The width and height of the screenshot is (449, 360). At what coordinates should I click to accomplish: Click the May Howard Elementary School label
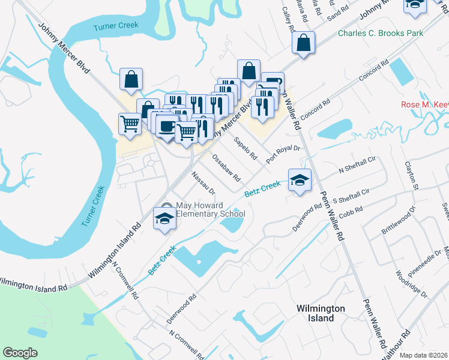pos(210,210)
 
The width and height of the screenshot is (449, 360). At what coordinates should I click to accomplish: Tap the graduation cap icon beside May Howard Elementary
pos(164,218)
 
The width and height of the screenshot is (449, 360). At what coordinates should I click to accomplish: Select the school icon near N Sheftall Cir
pos(300,180)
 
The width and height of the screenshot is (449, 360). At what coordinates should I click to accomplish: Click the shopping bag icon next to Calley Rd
pos(303,43)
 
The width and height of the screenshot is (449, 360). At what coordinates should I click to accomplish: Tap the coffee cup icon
pos(167,125)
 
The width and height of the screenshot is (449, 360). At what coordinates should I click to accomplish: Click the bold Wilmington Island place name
pos(321,313)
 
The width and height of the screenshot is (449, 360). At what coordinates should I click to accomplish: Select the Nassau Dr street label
pos(203,183)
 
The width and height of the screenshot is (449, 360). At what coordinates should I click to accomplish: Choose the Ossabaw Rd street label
pos(226,170)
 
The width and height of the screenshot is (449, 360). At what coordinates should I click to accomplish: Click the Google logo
pos(20,353)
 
